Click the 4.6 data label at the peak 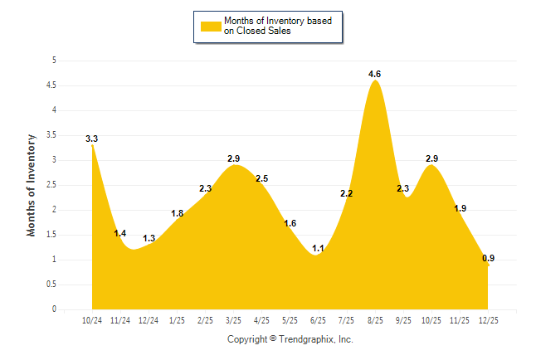click(375, 75)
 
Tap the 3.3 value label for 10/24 click(92, 139)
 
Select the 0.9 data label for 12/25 click(489, 259)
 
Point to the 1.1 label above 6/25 click(318, 249)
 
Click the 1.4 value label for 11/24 click(120, 234)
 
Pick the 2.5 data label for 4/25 click(262, 178)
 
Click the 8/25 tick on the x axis click(375, 320)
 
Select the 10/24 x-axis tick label click(92, 320)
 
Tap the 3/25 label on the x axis click(234, 320)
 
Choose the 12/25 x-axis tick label click(488, 320)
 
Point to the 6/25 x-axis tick click(318, 320)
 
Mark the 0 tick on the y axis click(54, 309)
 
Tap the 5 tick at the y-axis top click(54, 61)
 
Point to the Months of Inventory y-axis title click(32, 185)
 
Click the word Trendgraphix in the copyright click(305, 339)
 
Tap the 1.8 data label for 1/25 click(178, 214)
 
